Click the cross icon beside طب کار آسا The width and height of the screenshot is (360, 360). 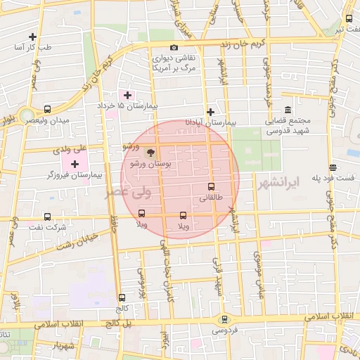32,37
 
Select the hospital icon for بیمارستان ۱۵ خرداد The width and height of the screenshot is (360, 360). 127,94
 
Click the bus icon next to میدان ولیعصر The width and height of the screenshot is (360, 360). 47,109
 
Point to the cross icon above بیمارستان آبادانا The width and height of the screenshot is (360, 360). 211,111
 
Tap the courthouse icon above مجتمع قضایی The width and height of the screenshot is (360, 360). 288,110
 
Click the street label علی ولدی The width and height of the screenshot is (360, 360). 69,150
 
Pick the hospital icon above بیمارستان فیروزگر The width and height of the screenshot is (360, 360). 75,163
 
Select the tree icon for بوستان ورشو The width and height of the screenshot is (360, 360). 149,152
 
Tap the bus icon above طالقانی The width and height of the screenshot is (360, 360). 211,187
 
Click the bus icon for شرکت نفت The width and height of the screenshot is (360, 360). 47,217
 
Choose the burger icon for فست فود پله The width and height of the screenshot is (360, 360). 333,167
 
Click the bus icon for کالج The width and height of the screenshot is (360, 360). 122,297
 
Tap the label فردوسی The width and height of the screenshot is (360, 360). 225,329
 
